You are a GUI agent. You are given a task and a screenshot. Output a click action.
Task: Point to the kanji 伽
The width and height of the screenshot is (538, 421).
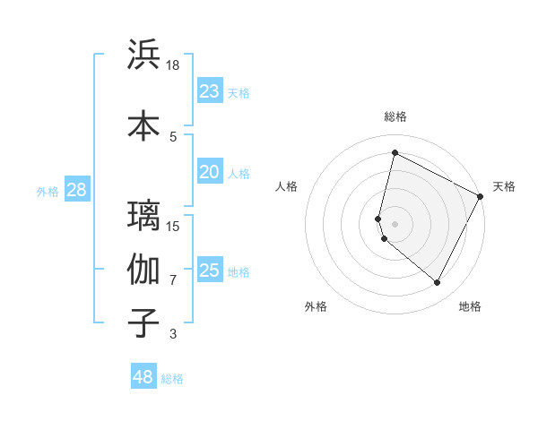coord(143,269)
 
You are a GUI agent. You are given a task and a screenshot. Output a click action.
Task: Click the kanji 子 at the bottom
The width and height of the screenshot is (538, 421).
coord(143,322)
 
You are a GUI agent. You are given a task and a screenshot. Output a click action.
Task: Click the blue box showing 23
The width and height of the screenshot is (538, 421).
coord(209,91)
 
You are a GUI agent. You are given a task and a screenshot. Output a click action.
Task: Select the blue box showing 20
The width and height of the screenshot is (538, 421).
coord(209,173)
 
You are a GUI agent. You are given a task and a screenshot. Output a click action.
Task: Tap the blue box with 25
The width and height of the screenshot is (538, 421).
coord(209,271)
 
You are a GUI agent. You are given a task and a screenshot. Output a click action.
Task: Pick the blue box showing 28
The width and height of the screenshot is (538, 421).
coord(76,190)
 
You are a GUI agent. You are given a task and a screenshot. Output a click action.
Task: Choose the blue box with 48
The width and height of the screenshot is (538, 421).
coord(143,377)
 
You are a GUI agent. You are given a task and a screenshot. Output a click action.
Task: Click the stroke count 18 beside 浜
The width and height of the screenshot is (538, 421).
coord(173,65)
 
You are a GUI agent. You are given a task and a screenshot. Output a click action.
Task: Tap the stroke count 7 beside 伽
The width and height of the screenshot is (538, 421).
coord(173,279)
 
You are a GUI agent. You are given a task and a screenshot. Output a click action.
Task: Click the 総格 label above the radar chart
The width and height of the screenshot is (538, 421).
coord(395,116)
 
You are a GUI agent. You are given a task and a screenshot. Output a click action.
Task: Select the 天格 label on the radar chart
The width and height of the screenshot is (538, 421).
coord(504,186)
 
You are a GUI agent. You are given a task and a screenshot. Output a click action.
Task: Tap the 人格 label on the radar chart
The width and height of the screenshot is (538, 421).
coord(287,186)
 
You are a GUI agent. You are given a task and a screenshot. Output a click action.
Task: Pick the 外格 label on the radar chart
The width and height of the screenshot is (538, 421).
coord(316,306)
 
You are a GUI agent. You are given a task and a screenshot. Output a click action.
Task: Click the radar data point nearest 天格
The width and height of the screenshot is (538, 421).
coord(481,196)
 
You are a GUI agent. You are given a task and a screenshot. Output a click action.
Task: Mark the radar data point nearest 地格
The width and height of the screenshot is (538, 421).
coord(438,283)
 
